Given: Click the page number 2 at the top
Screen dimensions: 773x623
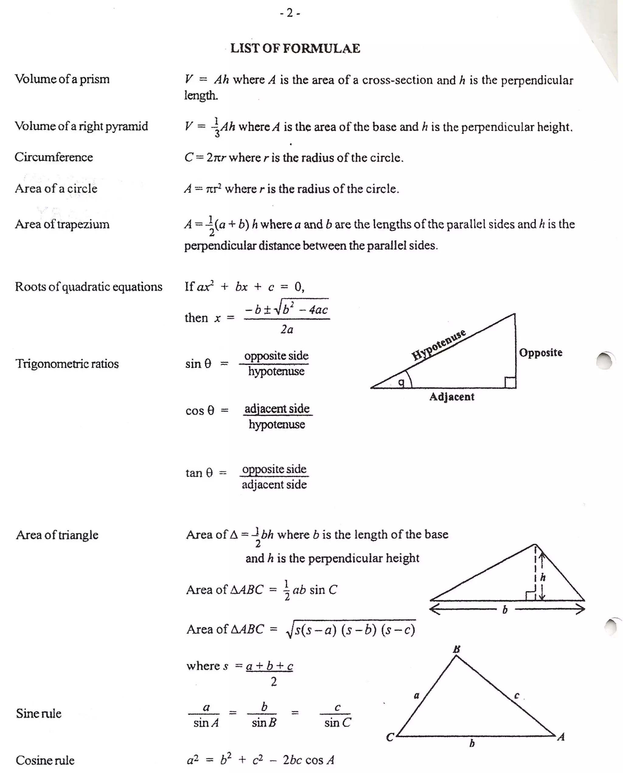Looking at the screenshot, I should pyautogui.click(x=290, y=13).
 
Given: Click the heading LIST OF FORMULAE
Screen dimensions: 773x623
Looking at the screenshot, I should pyautogui.click(x=295, y=48).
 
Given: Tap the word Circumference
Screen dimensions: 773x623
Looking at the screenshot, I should pyautogui.click(x=54, y=157).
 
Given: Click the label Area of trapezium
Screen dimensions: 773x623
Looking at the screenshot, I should pyautogui.click(x=62, y=224).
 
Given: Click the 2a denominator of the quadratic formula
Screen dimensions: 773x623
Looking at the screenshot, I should pyautogui.click(x=287, y=329).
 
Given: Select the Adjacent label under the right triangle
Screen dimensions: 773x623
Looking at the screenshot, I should pyautogui.click(x=452, y=397).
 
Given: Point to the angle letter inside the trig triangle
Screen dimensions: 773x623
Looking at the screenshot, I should pyautogui.click(x=402, y=383).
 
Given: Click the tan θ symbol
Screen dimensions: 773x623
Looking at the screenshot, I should pyautogui.click(x=199, y=473).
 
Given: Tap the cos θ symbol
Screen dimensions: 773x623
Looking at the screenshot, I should pyautogui.click(x=200, y=410).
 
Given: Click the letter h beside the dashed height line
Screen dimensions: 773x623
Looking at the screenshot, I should pyautogui.click(x=543, y=577).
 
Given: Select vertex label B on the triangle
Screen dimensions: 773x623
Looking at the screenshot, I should pyautogui.click(x=457, y=649).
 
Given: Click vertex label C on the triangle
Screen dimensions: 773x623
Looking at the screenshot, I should pyautogui.click(x=390, y=737).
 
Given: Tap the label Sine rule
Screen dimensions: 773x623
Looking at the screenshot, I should pyautogui.click(x=39, y=713).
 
